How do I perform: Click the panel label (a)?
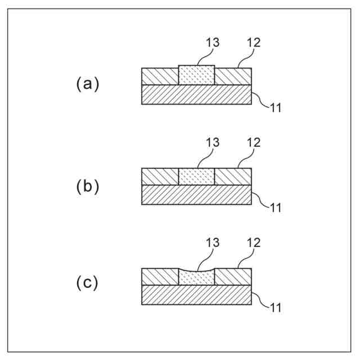coord(87,84)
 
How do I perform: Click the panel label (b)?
coord(87,186)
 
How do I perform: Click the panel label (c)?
coord(87,283)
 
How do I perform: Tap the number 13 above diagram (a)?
coord(213,43)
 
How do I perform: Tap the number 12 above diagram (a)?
coord(253,43)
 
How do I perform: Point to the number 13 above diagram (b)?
coord(213,143)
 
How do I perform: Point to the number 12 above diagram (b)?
coord(253,143)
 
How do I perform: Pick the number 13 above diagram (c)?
coord(213,242)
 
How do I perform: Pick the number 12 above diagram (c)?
coord(253,242)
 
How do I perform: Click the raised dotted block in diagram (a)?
coord(196,75)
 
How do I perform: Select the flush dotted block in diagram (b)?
coord(196,176)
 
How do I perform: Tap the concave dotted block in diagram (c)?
coord(196,278)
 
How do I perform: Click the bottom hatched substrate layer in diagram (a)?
coord(196,94)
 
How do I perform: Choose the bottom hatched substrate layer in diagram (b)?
coord(196,194)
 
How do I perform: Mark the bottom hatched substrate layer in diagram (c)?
coord(196,295)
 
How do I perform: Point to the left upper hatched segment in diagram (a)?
coord(160,76)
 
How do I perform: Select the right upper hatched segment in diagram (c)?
coord(233,277)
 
